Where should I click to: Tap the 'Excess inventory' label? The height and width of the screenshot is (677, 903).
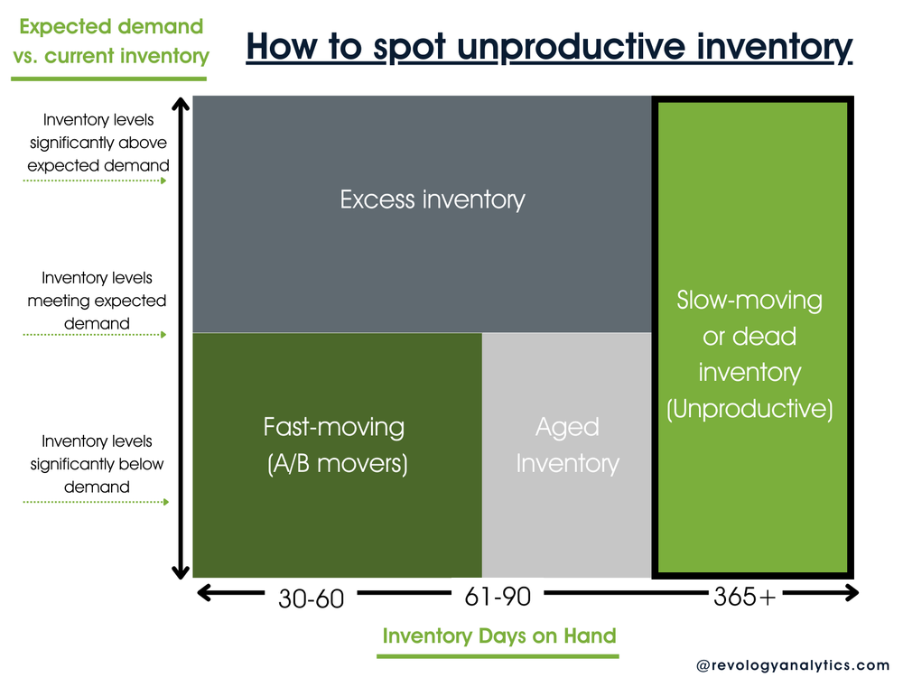tap(433, 199)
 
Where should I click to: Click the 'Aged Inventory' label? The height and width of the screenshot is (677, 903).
tap(567, 446)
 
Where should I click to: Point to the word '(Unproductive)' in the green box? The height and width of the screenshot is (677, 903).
tap(749, 408)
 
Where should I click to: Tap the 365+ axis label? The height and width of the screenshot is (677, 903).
tap(745, 596)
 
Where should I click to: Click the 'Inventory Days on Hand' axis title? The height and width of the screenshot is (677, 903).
tap(499, 635)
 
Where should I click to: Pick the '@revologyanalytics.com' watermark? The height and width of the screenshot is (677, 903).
tap(792, 664)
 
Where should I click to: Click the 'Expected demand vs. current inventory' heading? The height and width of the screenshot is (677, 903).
tap(109, 41)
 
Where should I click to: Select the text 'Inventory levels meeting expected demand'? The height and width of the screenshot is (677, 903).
tap(97, 301)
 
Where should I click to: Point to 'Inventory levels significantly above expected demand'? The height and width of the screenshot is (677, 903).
tap(97, 143)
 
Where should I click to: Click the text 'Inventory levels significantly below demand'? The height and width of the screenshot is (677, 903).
tap(97, 464)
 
